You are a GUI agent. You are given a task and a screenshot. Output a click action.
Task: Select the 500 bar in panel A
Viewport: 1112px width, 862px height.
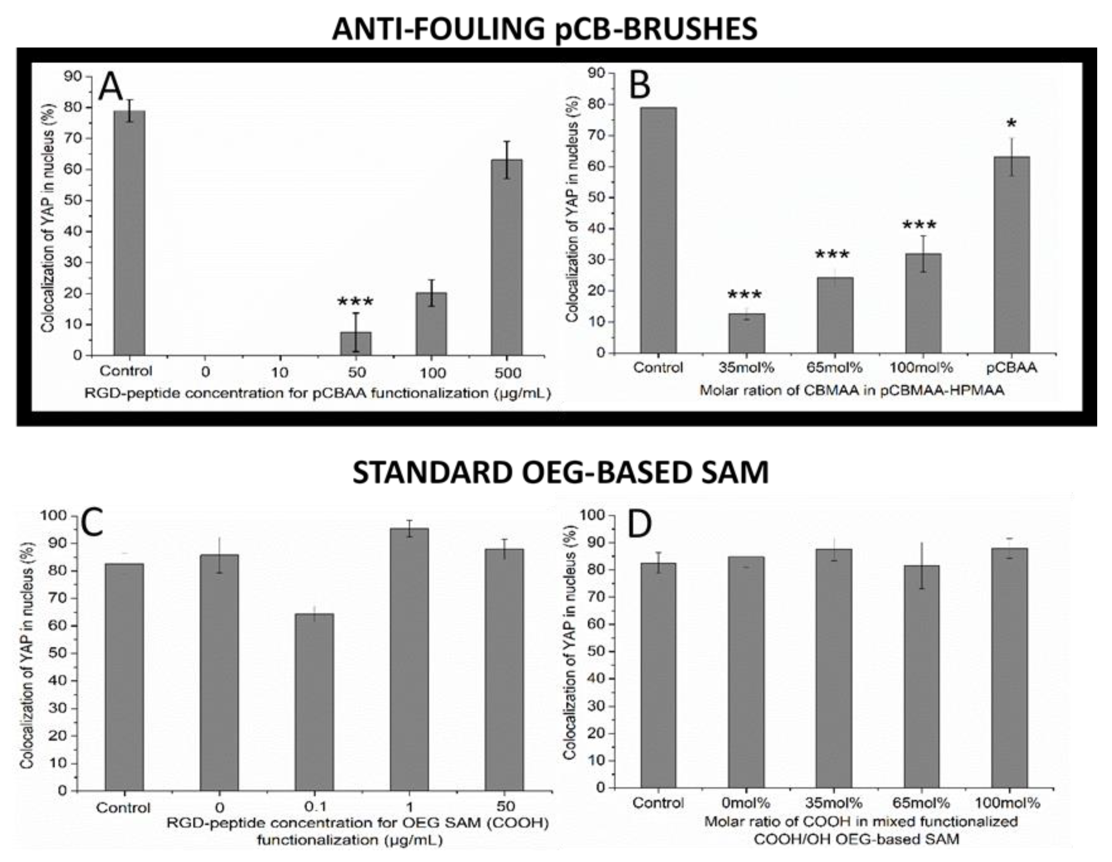tap(506, 257)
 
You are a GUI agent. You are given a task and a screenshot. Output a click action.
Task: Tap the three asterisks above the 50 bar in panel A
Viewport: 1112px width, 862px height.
tap(355, 301)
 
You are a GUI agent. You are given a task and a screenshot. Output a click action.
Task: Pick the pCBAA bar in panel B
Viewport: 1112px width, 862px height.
tap(1011, 255)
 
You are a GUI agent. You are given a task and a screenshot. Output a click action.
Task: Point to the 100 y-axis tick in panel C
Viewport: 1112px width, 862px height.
tap(54, 516)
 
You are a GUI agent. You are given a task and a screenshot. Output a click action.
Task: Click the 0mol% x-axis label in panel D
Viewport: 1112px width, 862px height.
tap(745, 803)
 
